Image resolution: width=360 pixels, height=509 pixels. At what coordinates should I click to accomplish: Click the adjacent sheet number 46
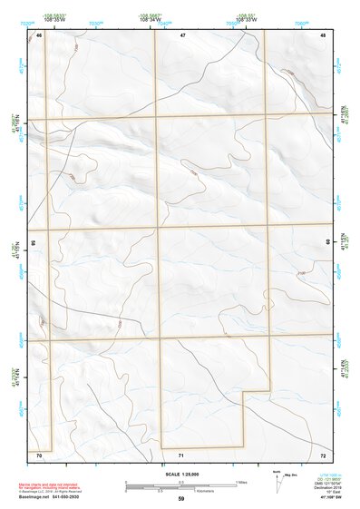[x=39, y=34]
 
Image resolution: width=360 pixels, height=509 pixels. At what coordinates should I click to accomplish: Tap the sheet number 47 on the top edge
[x=182, y=34]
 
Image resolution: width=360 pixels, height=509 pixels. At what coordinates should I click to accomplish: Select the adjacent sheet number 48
[x=322, y=34]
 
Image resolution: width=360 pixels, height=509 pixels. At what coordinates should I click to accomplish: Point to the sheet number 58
[x=33, y=243]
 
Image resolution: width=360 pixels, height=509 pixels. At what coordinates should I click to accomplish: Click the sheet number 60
[x=328, y=243]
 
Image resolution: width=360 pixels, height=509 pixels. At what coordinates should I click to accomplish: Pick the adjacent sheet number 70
[x=39, y=453]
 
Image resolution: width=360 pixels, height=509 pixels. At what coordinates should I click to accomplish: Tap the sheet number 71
[x=182, y=454]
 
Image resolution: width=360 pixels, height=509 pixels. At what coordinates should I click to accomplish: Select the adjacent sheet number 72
[x=322, y=453]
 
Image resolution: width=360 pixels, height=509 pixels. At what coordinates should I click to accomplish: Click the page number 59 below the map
[x=181, y=499]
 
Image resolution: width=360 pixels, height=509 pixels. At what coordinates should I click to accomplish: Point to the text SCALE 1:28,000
[x=180, y=474]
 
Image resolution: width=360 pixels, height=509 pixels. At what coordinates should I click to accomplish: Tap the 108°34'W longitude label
[x=152, y=20]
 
